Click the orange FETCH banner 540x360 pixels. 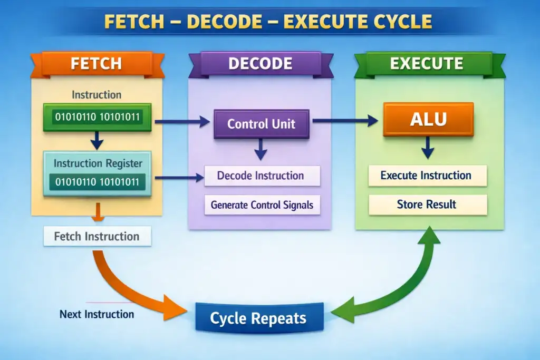(97, 64)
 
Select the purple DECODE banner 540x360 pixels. (260, 64)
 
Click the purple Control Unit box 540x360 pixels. (261, 124)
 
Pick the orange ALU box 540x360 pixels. (428, 120)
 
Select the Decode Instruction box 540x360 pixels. (262, 176)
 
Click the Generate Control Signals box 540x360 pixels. (262, 205)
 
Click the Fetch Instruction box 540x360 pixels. (97, 236)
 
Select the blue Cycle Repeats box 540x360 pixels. (258, 318)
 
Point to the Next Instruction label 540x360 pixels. (97, 314)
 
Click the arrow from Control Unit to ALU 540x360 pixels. (346, 121)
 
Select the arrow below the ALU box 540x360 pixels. (428, 150)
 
